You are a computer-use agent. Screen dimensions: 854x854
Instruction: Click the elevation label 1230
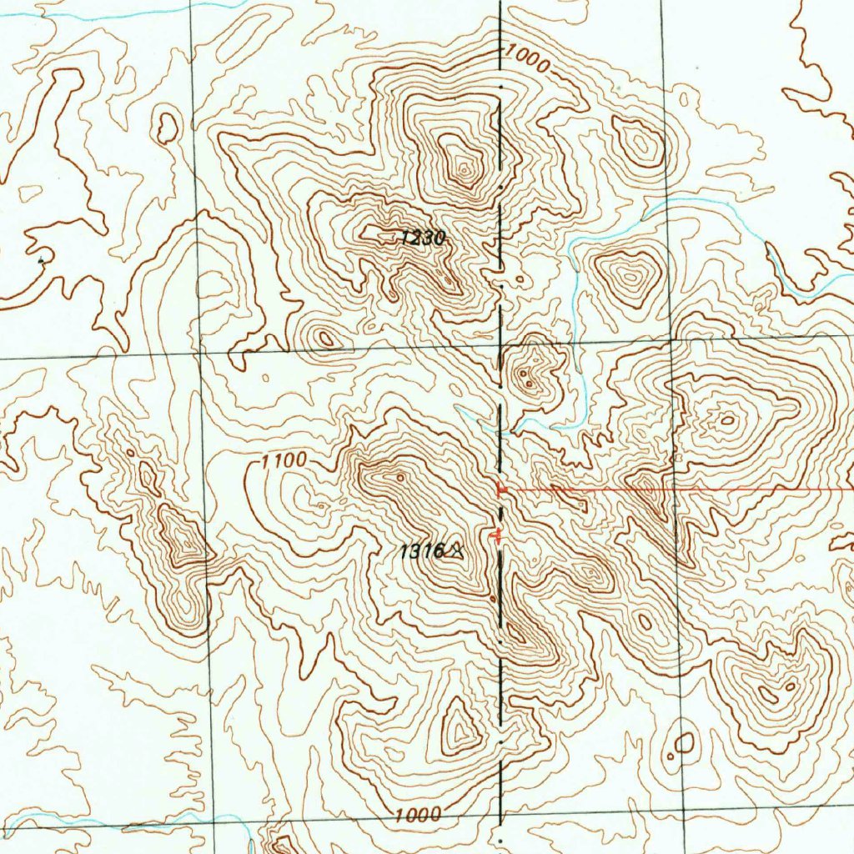click(x=422, y=239)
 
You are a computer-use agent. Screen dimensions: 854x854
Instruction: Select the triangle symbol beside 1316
click(x=455, y=550)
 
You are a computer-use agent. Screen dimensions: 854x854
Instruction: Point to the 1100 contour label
click(x=284, y=460)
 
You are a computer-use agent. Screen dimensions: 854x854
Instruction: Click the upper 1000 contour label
click(x=527, y=59)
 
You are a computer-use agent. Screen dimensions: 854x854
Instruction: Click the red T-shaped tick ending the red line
click(x=500, y=489)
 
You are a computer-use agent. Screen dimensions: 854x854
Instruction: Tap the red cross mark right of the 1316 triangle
click(x=499, y=535)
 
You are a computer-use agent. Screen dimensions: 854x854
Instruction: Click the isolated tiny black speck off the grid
click(x=42, y=261)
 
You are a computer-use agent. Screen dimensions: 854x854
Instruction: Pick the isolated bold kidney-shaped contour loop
click(x=168, y=127)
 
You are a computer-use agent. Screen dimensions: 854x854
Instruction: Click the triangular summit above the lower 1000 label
click(x=459, y=727)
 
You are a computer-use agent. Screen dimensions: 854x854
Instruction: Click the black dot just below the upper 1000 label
click(x=500, y=86)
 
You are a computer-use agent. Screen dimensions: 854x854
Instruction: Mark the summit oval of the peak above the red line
click(x=727, y=420)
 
